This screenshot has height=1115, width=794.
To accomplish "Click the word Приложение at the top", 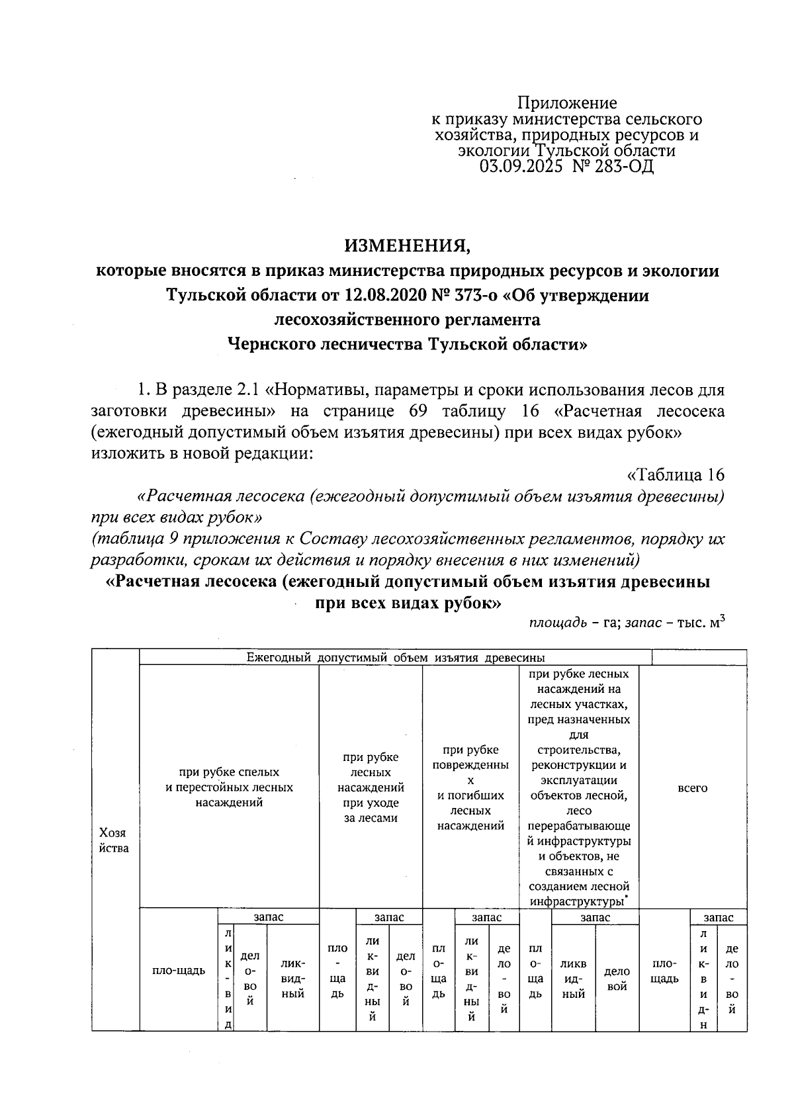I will click(x=567, y=103).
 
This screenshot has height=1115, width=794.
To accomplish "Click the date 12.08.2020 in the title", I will click(x=379, y=295).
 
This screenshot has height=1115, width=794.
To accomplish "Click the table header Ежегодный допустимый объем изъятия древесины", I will click(x=395, y=658).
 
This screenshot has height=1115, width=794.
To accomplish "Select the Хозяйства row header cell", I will click(x=113, y=840).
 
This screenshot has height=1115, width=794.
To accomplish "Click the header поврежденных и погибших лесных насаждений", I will click(x=470, y=787).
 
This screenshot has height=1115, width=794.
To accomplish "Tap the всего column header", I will click(x=693, y=788).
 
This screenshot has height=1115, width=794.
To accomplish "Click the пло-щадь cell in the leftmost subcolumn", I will click(x=179, y=971).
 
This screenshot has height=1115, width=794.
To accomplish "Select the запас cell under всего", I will click(x=718, y=917).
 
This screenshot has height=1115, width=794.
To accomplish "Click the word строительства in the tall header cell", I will click(x=579, y=750).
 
